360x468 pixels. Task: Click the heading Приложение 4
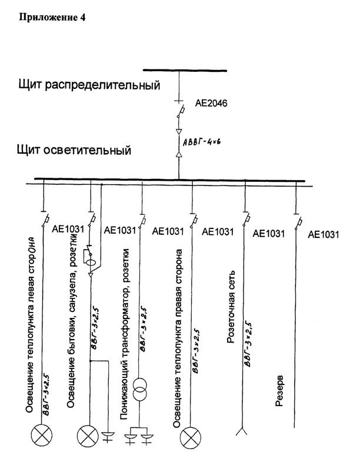coord(52,18)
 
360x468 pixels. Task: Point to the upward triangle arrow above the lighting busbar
coord(179,154)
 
